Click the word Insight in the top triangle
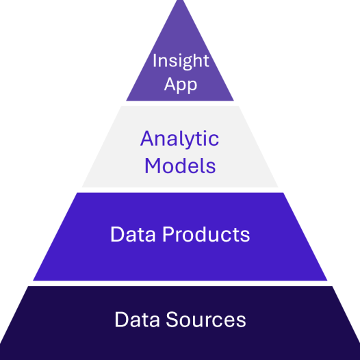[181, 61]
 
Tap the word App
[181, 85]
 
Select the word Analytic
[179, 138]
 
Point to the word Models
[180, 166]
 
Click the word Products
[206, 234]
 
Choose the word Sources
[206, 320]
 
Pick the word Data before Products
[133, 234]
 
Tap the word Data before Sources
[137, 320]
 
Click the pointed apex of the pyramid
[180, 1]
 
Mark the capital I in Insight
[155, 60]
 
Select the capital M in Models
[153, 166]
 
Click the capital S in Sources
[171, 320]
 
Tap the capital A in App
[170, 84]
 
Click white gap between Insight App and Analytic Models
[180, 103]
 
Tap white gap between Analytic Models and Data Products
[180, 190]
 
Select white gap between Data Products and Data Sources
[180, 283]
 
